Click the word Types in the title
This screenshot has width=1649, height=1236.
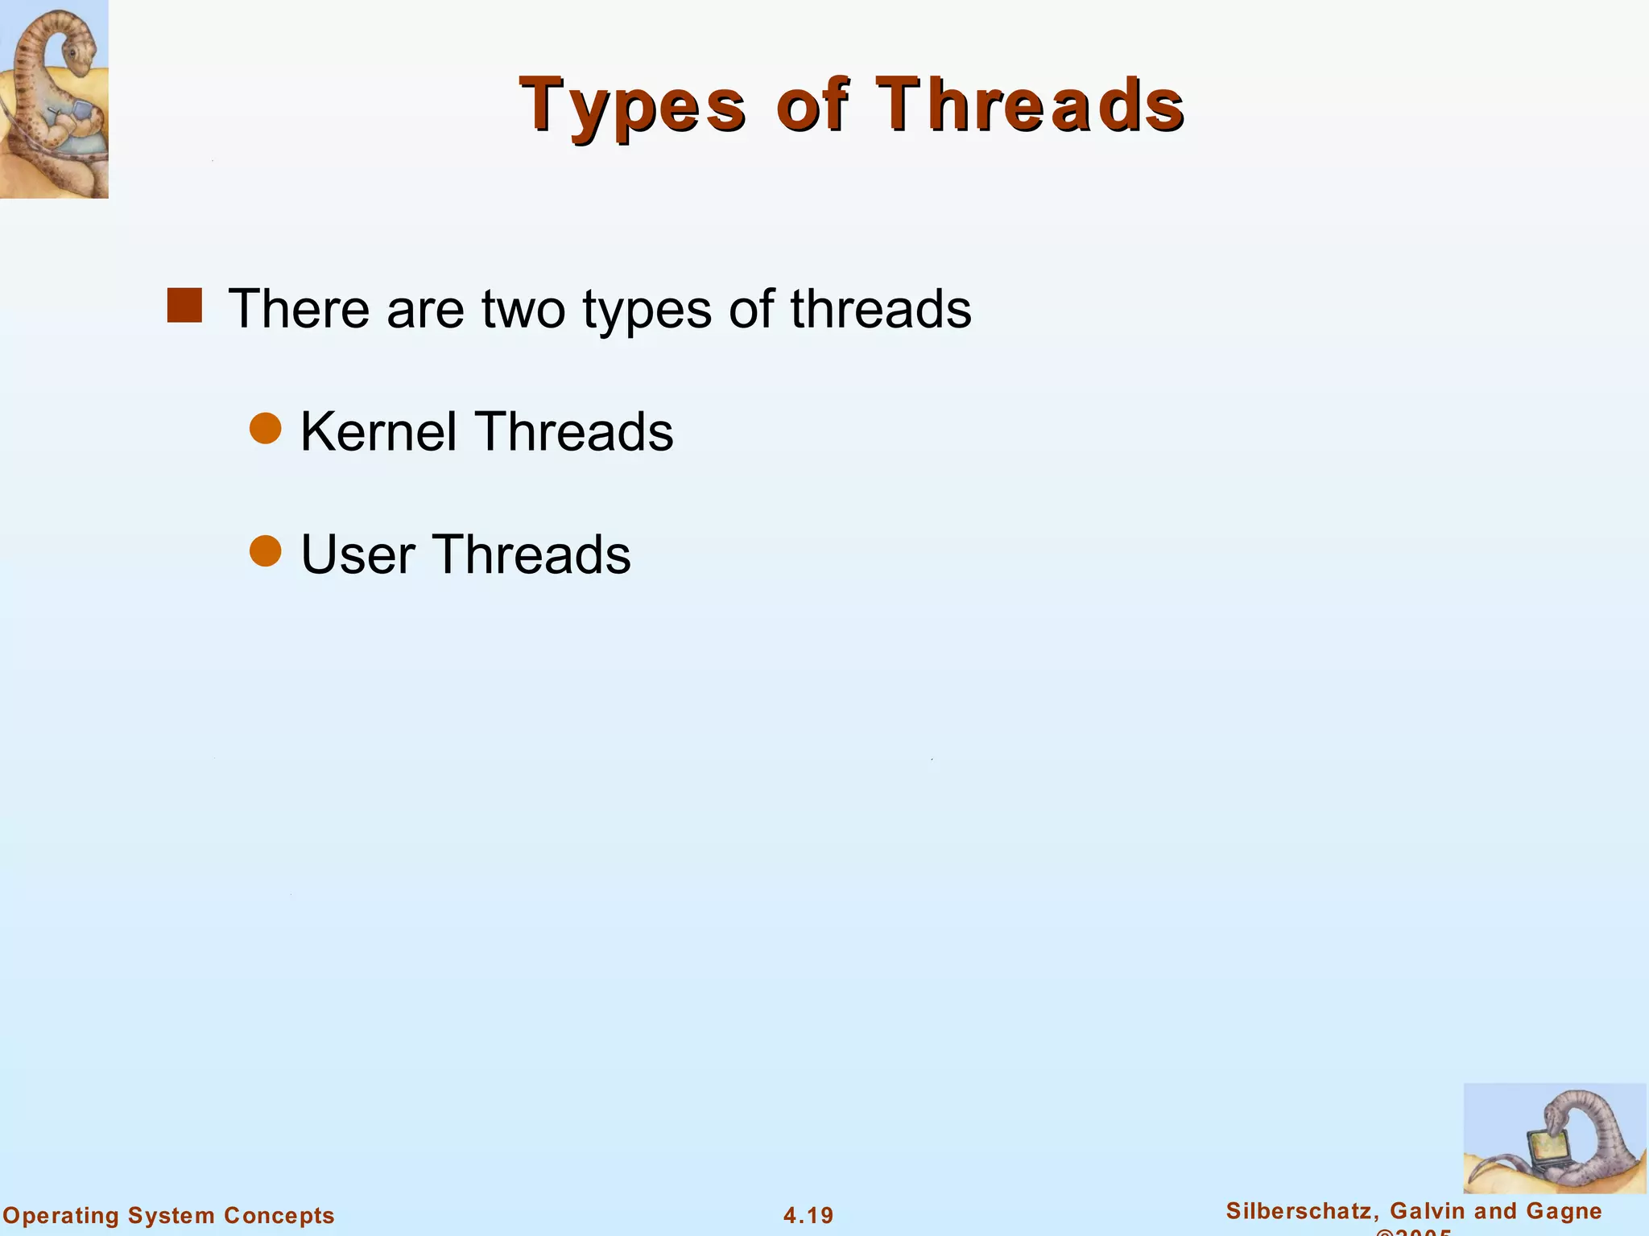tap(633, 106)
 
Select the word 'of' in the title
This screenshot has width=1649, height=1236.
tap(811, 105)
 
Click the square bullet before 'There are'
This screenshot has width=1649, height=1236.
tap(184, 306)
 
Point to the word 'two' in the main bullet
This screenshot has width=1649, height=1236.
tap(523, 309)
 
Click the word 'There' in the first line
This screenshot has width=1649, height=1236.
tap(299, 309)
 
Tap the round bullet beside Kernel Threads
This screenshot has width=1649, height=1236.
tap(265, 428)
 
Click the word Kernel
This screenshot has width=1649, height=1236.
tap(378, 432)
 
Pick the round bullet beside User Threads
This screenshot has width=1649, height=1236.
tap(265, 551)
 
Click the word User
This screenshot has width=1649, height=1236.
tap(358, 555)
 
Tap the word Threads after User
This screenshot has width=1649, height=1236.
tap(531, 555)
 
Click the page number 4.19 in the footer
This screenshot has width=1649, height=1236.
tap(808, 1215)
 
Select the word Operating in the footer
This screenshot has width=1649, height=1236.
tap(61, 1215)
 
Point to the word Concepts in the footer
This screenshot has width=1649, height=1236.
tap(279, 1215)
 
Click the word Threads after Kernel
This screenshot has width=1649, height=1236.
tap(573, 432)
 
